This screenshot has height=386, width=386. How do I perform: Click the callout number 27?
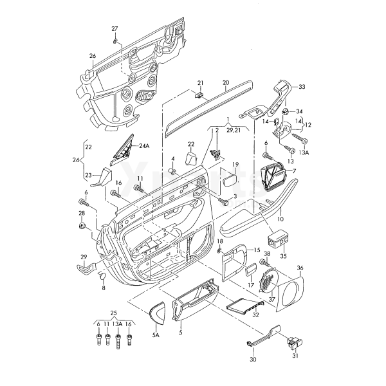115,29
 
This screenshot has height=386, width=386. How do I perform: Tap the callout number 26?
93,56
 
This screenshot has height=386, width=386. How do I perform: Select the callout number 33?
302,87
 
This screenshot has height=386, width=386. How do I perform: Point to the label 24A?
144,146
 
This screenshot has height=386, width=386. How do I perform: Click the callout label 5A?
156,335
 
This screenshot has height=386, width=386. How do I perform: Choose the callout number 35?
284,256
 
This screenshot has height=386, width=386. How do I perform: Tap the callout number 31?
295,356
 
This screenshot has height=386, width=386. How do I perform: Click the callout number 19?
235,164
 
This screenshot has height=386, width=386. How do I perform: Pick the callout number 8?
104,288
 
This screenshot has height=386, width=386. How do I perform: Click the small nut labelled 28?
82,225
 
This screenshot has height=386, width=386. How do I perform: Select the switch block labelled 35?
278,239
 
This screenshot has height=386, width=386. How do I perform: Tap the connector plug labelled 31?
295,343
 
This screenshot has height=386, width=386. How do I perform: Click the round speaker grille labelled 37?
268,280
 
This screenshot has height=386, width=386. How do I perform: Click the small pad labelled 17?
251,270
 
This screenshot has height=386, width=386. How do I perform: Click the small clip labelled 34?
286,110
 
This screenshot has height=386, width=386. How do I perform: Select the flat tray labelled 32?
245,305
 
